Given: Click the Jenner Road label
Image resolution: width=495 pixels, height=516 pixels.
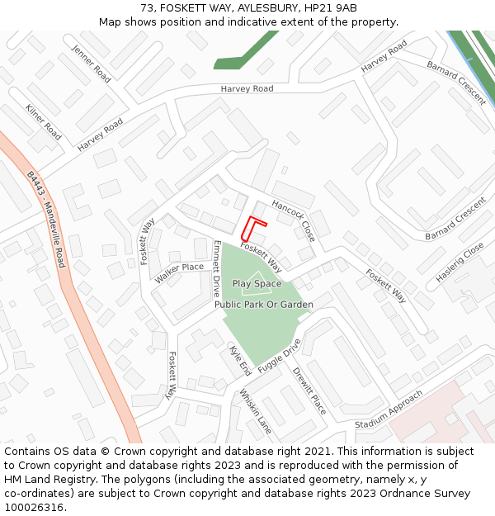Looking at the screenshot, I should click(x=92, y=63).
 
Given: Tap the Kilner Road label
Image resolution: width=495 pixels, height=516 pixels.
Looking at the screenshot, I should click(x=44, y=121).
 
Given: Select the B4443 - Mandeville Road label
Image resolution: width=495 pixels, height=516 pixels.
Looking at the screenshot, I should click(x=45, y=220).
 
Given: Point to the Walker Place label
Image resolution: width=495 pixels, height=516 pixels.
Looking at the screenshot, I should click(x=179, y=272).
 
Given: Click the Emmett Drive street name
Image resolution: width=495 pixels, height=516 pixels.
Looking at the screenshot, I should click(x=217, y=268).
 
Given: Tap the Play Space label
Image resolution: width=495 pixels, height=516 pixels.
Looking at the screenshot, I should click(x=257, y=284).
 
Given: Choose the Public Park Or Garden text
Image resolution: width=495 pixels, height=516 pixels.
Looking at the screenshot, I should click(x=264, y=305).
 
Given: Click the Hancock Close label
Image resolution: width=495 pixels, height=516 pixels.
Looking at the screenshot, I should click(x=293, y=220).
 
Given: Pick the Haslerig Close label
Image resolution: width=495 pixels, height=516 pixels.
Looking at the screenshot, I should click(x=460, y=263).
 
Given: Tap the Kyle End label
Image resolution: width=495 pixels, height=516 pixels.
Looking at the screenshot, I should click(x=240, y=361).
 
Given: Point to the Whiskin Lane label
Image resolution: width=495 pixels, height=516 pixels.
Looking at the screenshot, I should click(x=256, y=411).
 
